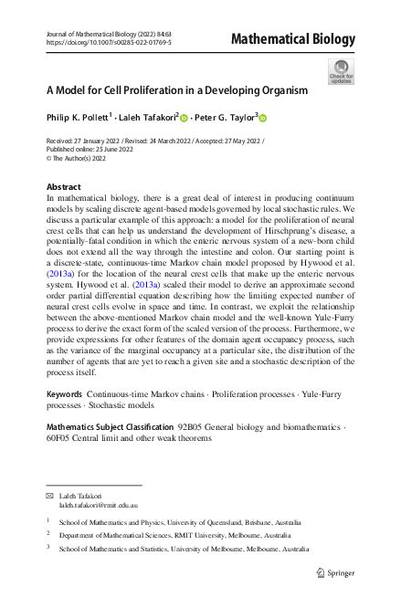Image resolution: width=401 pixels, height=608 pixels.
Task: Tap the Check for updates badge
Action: tap(341, 72)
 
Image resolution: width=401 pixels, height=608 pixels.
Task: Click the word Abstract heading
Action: tap(63, 187)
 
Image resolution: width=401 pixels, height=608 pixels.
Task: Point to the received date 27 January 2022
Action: tap(102, 141)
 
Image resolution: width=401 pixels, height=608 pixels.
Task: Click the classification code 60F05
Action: tap(60, 438)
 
